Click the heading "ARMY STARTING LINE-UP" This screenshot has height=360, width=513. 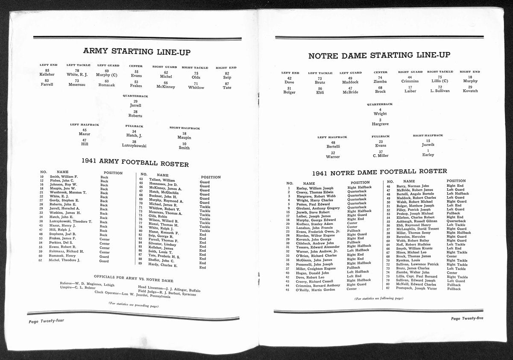click(x=137, y=52)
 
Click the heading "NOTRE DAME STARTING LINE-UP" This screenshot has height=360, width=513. click(x=378, y=56)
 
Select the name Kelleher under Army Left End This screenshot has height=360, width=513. click(x=47, y=75)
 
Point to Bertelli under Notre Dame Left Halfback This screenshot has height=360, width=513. click(x=333, y=146)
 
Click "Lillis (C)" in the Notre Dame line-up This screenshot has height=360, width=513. click(x=440, y=81)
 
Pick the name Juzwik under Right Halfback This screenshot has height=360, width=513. click(x=428, y=145)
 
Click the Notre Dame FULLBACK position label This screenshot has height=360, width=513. click(x=381, y=136)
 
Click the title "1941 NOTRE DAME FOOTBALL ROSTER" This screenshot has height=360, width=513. click(x=379, y=171)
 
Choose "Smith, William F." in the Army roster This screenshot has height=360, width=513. click(x=64, y=177)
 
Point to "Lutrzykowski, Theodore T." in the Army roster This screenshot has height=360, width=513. click(x=71, y=221)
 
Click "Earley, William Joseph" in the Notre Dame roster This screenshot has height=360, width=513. click(x=316, y=188)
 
